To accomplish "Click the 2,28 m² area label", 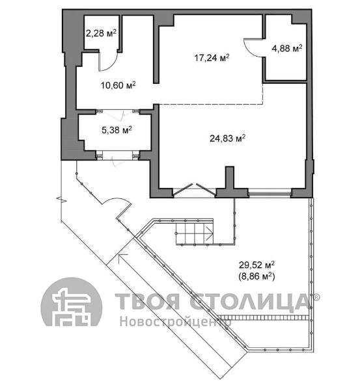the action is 101,33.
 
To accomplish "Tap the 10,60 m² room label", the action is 118,85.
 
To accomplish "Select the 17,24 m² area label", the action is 212,58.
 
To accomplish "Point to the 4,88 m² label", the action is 287,48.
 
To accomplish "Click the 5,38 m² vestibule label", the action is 117,130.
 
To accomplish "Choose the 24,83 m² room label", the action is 227,138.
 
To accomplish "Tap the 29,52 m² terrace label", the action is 257,265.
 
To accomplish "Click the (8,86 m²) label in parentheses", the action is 257,276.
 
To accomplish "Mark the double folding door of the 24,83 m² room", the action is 195,190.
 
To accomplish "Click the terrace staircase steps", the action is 195,233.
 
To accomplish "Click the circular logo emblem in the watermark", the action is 72,302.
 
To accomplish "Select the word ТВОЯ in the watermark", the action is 147,301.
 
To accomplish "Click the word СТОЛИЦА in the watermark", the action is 250,302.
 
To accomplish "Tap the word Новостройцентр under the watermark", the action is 175,321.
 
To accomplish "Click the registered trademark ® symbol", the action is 316,296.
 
